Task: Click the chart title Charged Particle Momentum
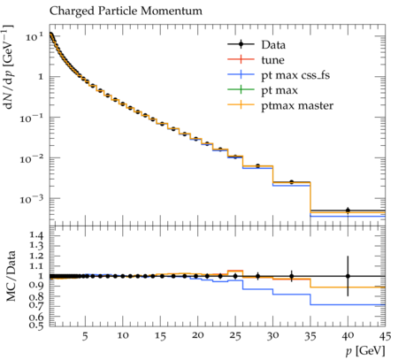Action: (x=126, y=11)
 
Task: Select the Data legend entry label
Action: (x=273, y=45)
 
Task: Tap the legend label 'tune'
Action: (x=272, y=60)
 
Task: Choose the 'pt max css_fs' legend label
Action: (x=295, y=75)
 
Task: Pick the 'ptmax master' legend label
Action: (x=297, y=106)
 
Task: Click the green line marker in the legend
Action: (x=241, y=89)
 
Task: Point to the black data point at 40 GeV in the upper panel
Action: (x=348, y=211)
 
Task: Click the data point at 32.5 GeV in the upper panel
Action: (x=292, y=182)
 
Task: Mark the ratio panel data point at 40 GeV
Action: (x=348, y=276)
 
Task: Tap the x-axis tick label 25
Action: (x=235, y=336)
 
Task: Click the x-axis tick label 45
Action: (x=386, y=336)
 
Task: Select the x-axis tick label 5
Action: (x=85, y=336)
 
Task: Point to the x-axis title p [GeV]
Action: (x=365, y=351)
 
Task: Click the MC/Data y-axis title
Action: (x=11, y=276)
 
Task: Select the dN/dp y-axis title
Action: (x=9, y=67)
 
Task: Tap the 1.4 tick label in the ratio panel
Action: (x=37, y=235)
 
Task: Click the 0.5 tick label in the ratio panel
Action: (x=37, y=326)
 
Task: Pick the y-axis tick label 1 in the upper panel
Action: (x=41, y=77)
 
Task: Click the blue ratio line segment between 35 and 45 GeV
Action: (x=348, y=304)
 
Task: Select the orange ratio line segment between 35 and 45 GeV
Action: (x=348, y=287)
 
